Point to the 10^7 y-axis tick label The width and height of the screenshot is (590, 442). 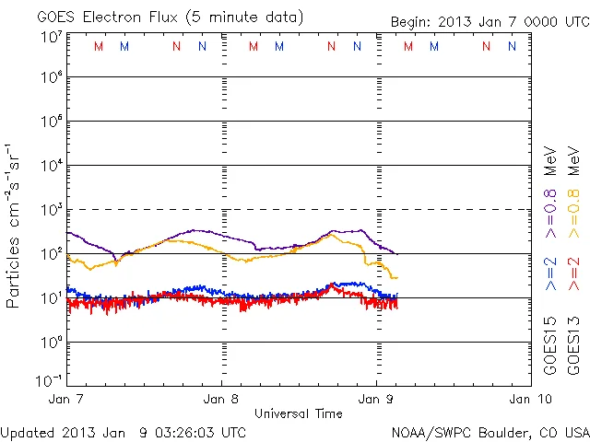click(x=51, y=37)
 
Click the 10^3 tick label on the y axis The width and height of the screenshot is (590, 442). click(x=51, y=210)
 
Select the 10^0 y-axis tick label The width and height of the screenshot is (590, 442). click(x=51, y=343)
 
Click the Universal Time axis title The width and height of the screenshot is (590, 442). click(x=299, y=413)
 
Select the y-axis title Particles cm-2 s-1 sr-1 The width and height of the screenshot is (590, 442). click(x=13, y=226)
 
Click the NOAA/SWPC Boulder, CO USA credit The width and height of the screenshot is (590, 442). click(x=490, y=431)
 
